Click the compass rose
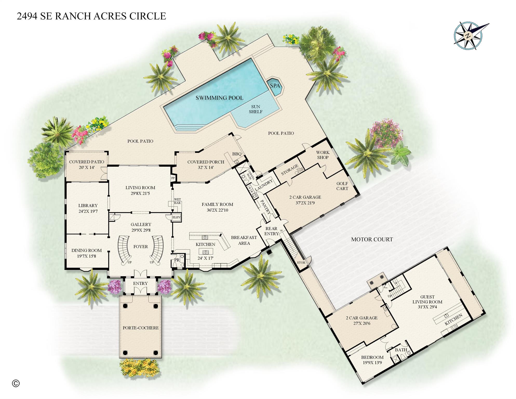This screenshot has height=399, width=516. [468, 36]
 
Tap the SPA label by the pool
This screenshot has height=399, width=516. [275, 86]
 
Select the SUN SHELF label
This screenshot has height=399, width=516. [256, 109]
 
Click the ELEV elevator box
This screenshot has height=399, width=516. [176, 217]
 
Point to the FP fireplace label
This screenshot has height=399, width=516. [173, 178]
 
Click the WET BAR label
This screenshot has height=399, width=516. [177, 201]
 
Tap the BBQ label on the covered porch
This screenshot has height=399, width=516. [237, 154]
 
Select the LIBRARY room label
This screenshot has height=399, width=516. [88, 206]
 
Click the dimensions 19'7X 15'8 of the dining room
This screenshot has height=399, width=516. [86, 256]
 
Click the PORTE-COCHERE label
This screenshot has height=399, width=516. [140, 328]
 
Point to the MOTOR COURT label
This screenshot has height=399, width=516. [372, 239]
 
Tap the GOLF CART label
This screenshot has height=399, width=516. [342, 186]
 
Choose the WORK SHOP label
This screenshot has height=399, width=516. [323, 155]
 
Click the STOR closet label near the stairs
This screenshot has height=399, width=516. [301, 263]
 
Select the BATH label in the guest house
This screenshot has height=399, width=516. [401, 350]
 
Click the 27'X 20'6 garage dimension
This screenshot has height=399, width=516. [361, 323]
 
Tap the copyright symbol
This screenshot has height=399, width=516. [16, 383]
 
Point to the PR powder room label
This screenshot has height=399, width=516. [177, 260]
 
